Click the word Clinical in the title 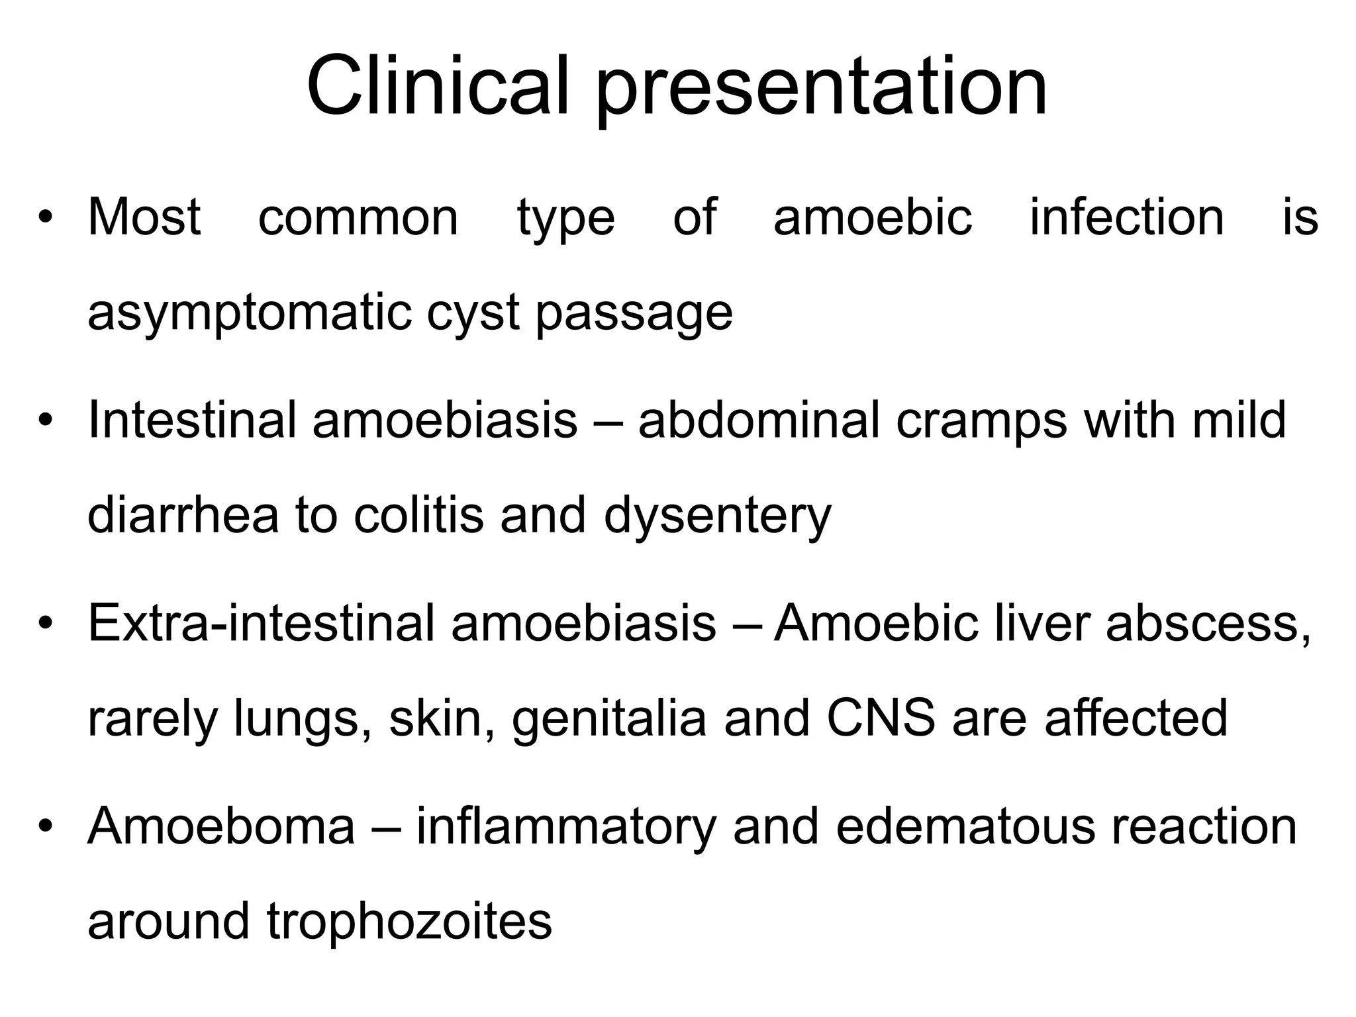pos(438,87)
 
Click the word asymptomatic pos(249,313)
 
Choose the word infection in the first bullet pos(1126,217)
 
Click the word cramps pos(981,420)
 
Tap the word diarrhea pos(183,515)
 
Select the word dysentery pos(717,516)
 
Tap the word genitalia pos(609,720)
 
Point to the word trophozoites pos(409,922)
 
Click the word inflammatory pos(566,828)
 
